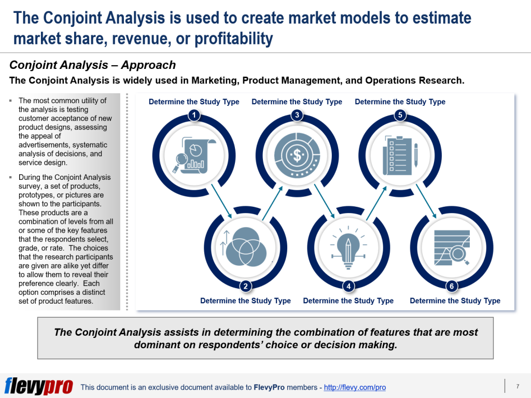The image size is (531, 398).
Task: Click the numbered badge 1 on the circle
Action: coord(193,116)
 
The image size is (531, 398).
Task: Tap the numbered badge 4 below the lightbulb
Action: coord(348,286)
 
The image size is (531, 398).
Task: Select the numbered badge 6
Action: coord(452,286)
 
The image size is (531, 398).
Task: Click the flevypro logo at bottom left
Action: coord(39,386)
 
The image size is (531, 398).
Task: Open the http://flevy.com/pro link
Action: coord(355,388)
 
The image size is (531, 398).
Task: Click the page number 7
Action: coord(518,386)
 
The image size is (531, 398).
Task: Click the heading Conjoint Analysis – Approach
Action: coord(93,65)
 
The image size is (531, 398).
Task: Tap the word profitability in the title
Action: coord(234,38)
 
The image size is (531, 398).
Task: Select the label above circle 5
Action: coord(400,102)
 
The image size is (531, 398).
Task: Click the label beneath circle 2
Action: coord(245,301)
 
